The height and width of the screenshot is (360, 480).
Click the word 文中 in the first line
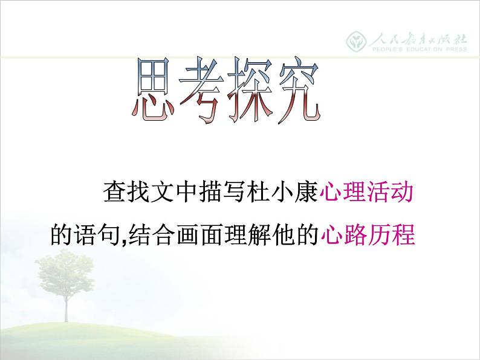tap(172, 194)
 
